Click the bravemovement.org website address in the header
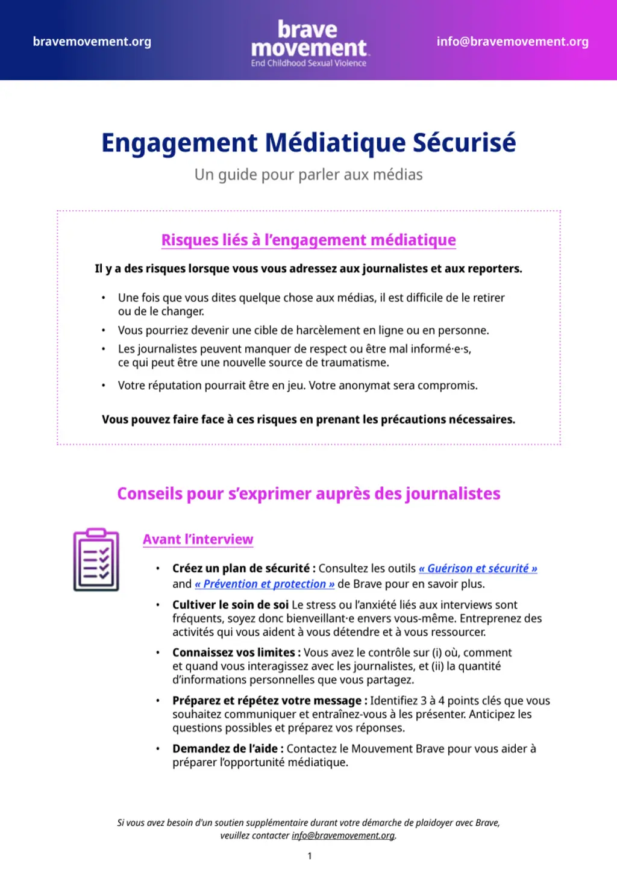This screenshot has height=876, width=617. pyautogui.click(x=92, y=42)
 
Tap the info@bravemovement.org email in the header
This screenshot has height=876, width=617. pyautogui.click(x=512, y=42)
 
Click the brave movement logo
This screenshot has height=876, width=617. pyautogui.click(x=308, y=39)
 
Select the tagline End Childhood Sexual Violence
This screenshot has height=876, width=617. pyautogui.click(x=308, y=63)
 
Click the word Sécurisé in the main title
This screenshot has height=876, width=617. pyautogui.click(x=464, y=143)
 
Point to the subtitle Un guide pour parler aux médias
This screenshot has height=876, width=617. pyautogui.click(x=308, y=175)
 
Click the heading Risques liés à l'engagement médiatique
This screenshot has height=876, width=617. pyautogui.click(x=308, y=240)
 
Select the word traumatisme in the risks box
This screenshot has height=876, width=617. pyautogui.click(x=355, y=363)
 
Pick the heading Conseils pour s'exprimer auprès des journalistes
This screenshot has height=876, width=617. pyautogui.click(x=308, y=493)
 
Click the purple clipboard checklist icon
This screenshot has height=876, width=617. pyautogui.click(x=96, y=560)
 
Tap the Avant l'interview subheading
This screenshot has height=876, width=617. pyautogui.click(x=198, y=539)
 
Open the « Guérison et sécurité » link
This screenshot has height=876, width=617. pyautogui.click(x=478, y=568)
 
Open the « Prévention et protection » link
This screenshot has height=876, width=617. pyautogui.click(x=265, y=584)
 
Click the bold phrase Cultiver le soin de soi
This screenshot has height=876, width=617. pyautogui.click(x=230, y=605)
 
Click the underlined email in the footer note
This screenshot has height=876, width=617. pyautogui.click(x=343, y=836)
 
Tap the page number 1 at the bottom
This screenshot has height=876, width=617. pyautogui.click(x=310, y=856)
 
